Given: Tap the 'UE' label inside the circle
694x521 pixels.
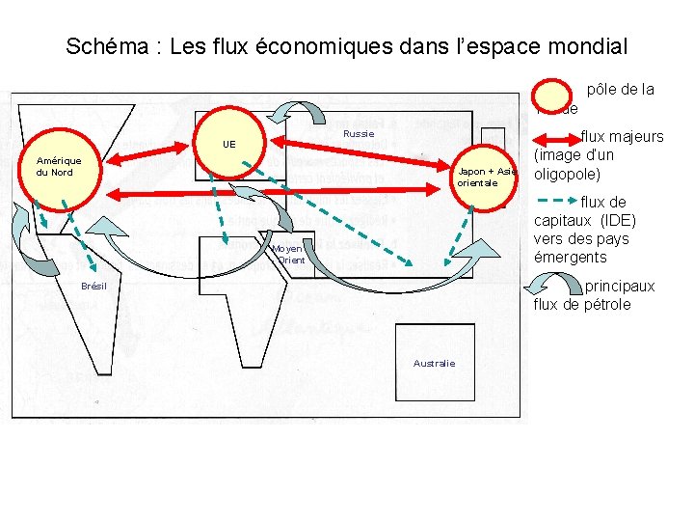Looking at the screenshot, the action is click(x=228, y=144).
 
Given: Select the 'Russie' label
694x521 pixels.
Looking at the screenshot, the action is click(x=359, y=133).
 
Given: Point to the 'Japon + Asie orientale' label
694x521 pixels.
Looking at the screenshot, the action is click(x=487, y=177).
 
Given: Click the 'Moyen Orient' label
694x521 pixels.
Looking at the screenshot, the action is click(x=290, y=254).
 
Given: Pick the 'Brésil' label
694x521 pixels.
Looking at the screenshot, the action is click(x=93, y=287).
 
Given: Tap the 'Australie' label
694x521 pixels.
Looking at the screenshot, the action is click(x=434, y=363).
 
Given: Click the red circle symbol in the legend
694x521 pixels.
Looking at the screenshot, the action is click(x=557, y=95).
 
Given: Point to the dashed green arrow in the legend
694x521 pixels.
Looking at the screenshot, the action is click(x=555, y=201).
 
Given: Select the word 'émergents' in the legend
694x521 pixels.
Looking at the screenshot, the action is click(x=571, y=257).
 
